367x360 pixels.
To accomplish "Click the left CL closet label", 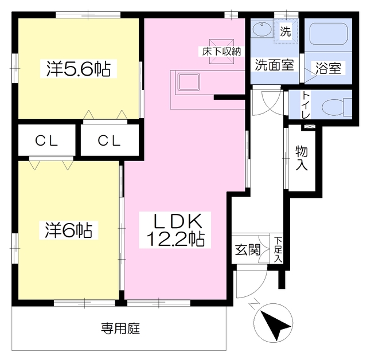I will (46, 141).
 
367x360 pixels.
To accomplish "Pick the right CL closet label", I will (108, 141).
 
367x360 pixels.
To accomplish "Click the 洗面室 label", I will (274, 65).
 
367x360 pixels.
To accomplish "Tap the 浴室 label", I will (329, 68).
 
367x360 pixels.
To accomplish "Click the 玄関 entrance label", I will (248, 250).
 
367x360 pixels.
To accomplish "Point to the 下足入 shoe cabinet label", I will (278, 250).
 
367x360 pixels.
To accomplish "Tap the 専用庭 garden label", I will (121, 329).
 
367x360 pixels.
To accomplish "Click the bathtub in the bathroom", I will (329, 36).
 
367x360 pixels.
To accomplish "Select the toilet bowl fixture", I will (333, 107).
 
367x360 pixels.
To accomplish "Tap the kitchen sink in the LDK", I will (187, 81).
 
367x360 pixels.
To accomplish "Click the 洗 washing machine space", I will (285, 32).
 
